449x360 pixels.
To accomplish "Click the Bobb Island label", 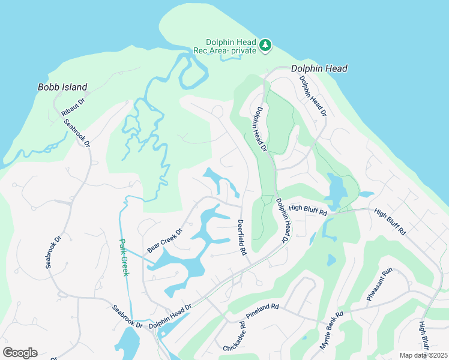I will tap(62, 87).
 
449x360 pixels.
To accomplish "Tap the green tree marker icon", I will tap(265, 45).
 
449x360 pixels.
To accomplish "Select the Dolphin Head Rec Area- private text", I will tap(231, 46).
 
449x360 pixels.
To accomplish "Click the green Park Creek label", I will tap(123, 258).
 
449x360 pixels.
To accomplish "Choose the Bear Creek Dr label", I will tap(164, 240).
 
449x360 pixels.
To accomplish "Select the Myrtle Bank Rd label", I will tap(331, 331).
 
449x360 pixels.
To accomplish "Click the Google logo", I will tap(20, 353).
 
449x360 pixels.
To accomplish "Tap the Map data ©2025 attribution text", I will tap(423, 355).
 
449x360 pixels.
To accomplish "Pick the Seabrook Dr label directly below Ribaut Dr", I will tap(77, 133).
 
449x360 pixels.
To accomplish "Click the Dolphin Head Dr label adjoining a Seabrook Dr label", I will tap(170, 316).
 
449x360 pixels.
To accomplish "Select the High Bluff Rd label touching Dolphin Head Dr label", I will tap(307, 209).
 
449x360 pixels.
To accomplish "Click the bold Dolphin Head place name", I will tap(319, 68).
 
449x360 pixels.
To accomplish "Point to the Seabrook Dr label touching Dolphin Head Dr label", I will tap(127, 316).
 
